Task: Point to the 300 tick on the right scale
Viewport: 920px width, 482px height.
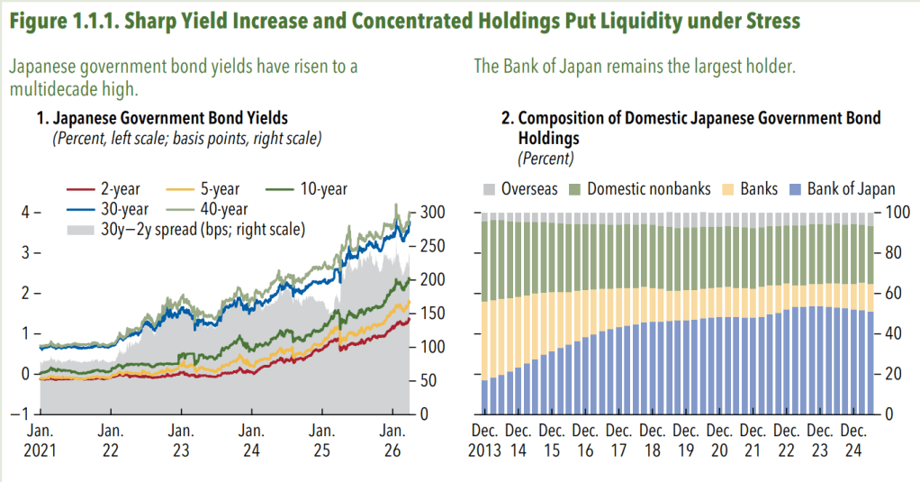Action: tap(431, 212)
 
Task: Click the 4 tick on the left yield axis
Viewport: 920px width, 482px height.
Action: tap(26, 212)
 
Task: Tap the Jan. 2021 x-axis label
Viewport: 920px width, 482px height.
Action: tap(40, 441)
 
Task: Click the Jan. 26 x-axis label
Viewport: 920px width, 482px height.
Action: tap(393, 441)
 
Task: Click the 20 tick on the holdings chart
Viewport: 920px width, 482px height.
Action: tap(888, 374)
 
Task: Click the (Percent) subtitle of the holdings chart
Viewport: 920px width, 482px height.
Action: tap(546, 159)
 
